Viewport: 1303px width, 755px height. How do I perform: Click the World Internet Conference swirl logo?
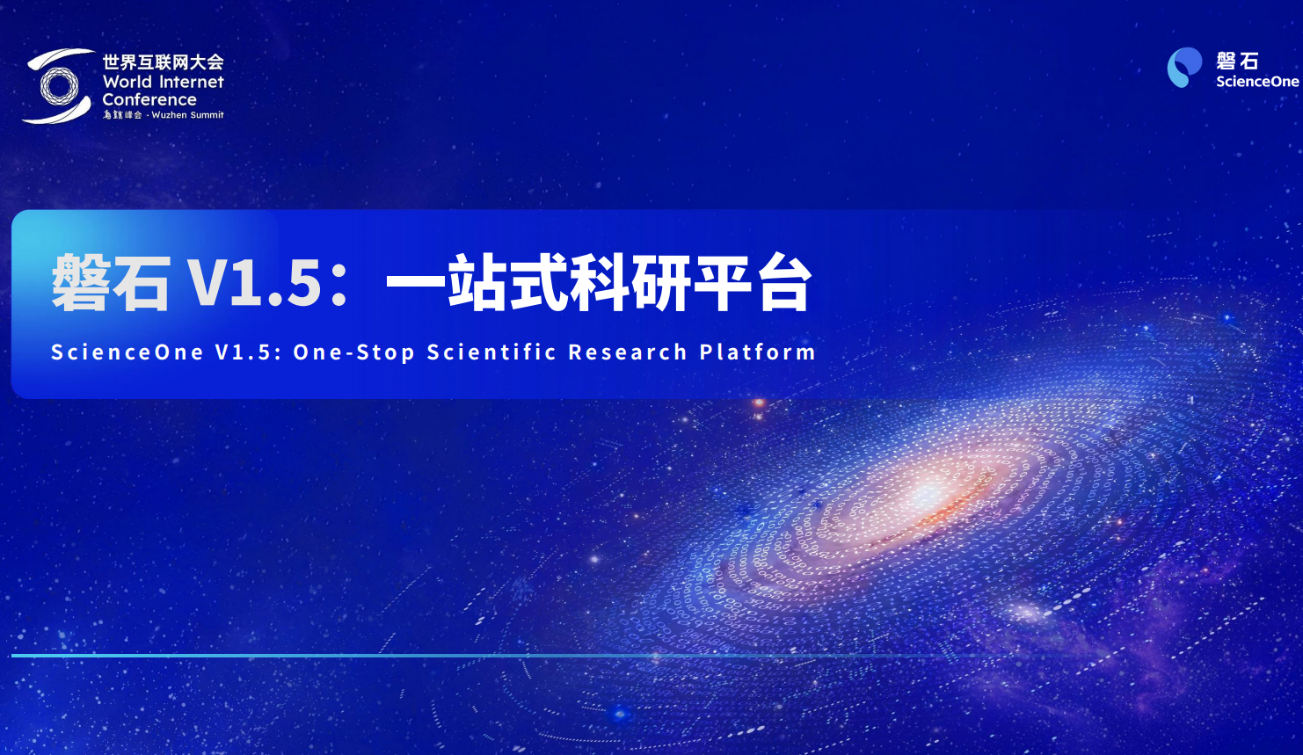[58, 86]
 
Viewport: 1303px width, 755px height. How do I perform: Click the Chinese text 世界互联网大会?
[163, 62]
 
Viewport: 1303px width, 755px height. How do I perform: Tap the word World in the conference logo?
[127, 82]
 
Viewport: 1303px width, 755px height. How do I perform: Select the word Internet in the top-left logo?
[193, 82]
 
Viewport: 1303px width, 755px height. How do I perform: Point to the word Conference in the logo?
[149, 99]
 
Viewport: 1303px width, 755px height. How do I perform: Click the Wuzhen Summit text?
[187, 115]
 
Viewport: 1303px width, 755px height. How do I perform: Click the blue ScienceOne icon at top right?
[1183, 68]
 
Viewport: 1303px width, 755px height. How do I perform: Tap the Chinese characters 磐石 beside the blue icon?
[1237, 61]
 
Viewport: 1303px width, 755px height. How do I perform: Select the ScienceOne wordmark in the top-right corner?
[1256, 82]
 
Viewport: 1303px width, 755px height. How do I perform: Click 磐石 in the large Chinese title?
[111, 283]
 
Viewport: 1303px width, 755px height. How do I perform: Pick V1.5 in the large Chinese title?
[255, 283]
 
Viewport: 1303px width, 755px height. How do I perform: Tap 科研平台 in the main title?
[690, 283]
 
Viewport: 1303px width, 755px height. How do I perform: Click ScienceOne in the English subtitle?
[127, 352]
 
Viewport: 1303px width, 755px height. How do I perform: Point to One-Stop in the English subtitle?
[353, 352]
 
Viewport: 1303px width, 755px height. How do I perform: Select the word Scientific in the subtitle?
[491, 352]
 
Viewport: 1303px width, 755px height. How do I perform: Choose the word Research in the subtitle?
[628, 352]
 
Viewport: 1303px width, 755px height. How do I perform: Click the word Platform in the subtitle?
[757, 352]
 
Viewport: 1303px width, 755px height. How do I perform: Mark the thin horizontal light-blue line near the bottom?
[352, 656]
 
